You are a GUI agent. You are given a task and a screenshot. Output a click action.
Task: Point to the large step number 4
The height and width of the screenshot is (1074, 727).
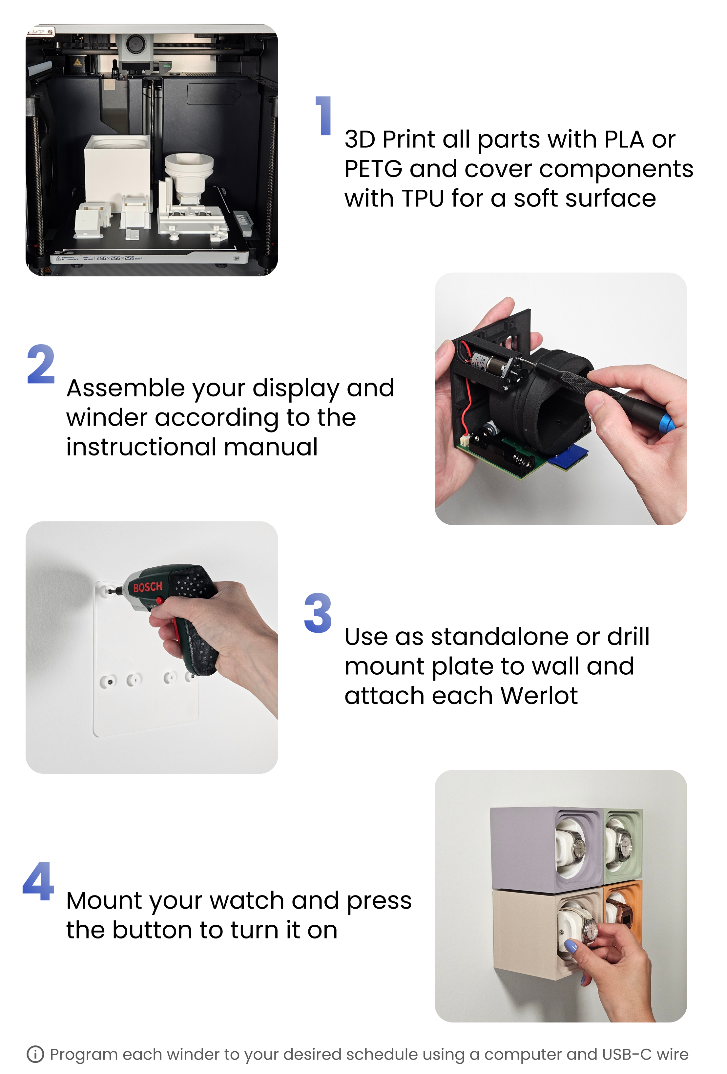[x=38, y=881]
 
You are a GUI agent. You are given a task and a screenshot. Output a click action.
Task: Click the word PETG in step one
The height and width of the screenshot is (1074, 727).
[x=373, y=169]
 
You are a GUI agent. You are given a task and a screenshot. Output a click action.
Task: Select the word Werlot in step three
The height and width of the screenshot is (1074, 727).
[x=539, y=696]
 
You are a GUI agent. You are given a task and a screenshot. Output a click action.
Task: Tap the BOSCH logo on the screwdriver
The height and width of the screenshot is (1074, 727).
[x=148, y=587]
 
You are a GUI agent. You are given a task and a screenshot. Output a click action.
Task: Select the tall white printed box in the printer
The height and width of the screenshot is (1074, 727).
[x=117, y=170]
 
